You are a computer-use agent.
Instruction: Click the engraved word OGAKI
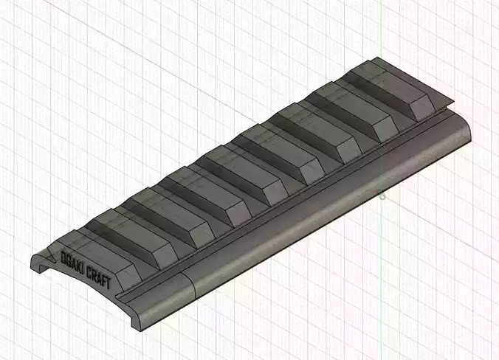coord(74,262)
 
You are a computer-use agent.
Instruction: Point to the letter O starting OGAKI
coord(64,257)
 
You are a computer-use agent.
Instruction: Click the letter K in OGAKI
coord(80,266)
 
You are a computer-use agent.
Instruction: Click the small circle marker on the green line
coord(382,196)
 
